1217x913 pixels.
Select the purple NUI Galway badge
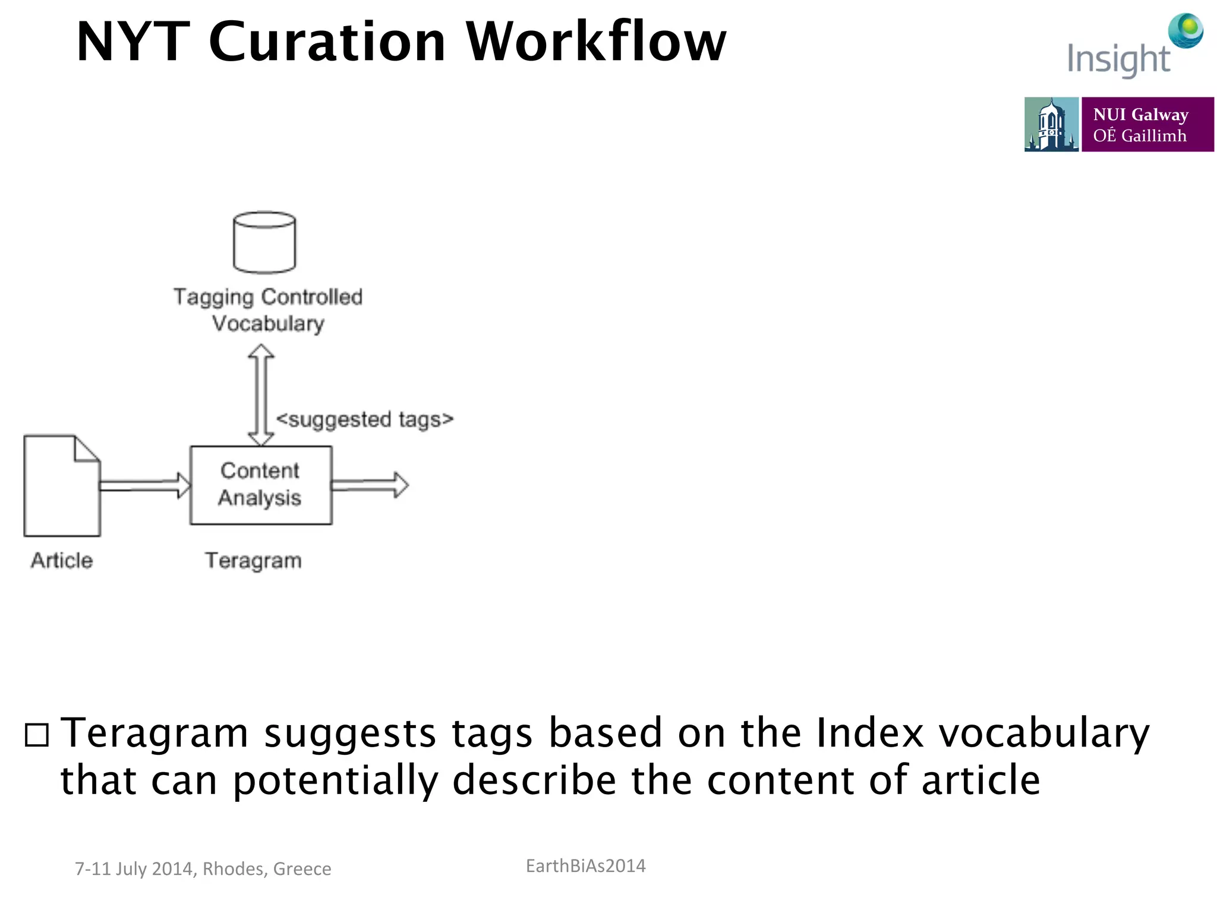point(1147,125)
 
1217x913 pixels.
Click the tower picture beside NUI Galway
point(1051,125)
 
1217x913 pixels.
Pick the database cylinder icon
point(264,243)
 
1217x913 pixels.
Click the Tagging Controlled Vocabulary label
point(268,310)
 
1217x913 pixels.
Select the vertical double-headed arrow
point(261,395)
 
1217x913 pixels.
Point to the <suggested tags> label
point(365,420)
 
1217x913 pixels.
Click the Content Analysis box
point(260,485)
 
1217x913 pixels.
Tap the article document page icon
point(62,486)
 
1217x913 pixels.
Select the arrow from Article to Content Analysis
point(144,485)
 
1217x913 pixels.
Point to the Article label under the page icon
point(62,561)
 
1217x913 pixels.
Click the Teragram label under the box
point(253,561)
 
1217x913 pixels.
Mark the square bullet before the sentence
point(37,735)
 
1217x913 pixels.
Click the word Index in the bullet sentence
point(870,732)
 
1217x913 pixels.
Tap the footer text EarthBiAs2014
point(585,866)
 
